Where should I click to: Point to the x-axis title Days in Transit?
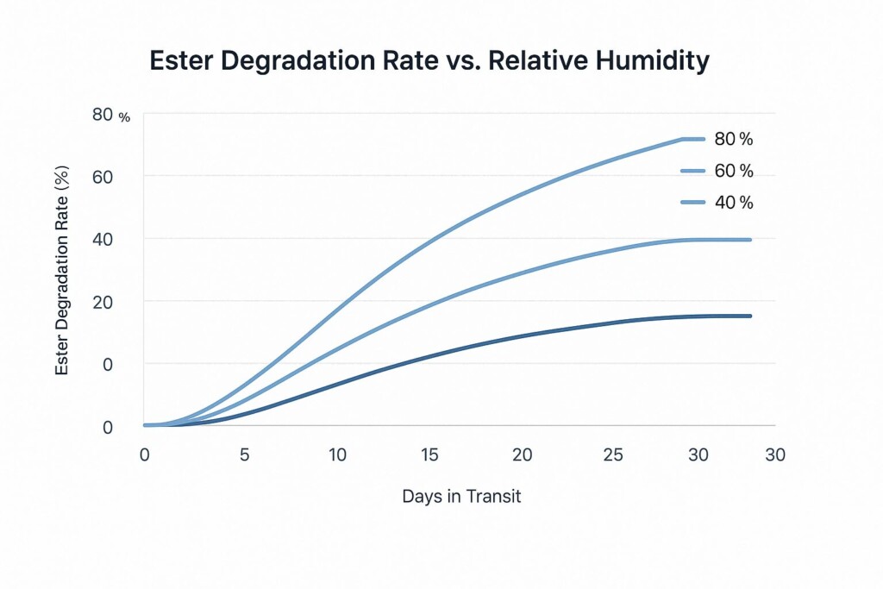[x=461, y=496]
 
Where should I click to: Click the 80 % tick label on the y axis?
[x=112, y=115]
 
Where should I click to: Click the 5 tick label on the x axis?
[x=244, y=454]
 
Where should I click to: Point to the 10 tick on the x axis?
[x=337, y=454]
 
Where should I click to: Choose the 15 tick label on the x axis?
[x=430, y=454]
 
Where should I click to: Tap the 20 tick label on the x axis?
[x=523, y=454]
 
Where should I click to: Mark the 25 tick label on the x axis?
[x=614, y=454]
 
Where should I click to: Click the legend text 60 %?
[x=734, y=171]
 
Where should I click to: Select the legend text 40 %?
[x=734, y=203]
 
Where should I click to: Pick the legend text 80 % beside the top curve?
[x=734, y=139]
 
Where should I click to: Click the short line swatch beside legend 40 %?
[x=693, y=203]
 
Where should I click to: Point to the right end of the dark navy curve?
[x=750, y=316]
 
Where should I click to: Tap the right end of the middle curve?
[x=750, y=240]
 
